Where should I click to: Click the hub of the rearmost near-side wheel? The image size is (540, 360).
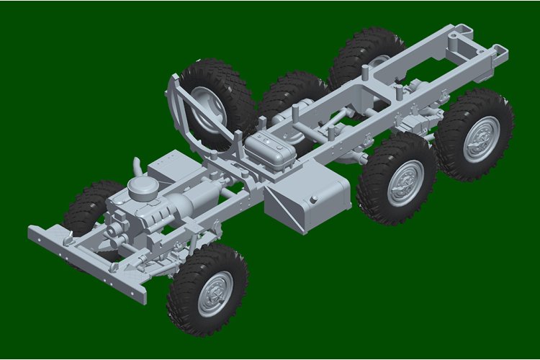click(x=480, y=138)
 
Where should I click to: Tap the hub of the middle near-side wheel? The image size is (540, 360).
click(x=405, y=182)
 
